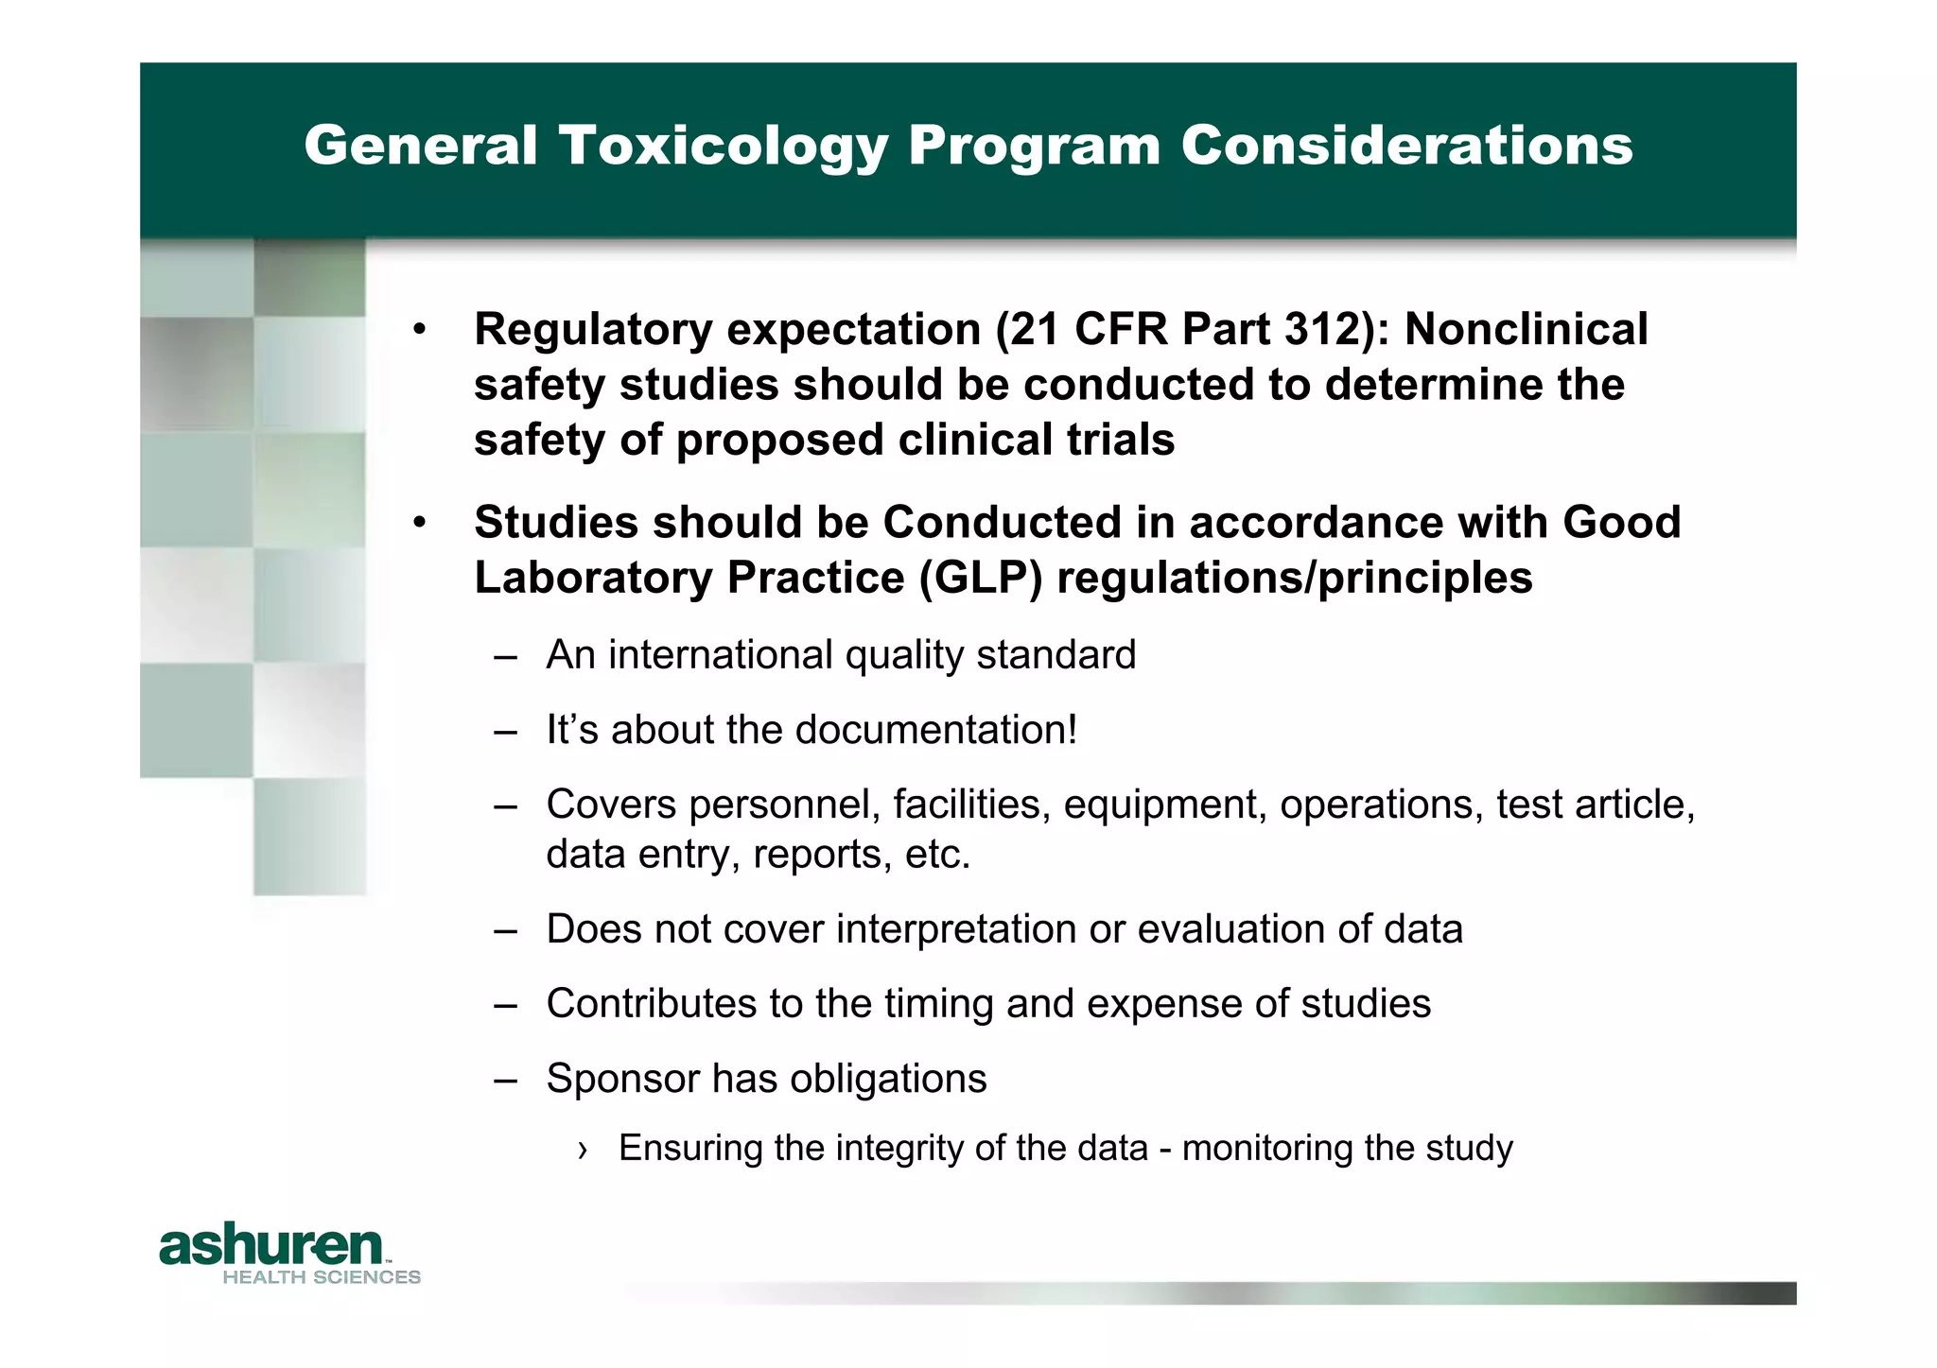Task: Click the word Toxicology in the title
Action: coord(724,147)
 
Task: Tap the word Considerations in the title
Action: coord(1406,147)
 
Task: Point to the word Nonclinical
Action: coord(1526,330)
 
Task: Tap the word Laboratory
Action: coord(592,578)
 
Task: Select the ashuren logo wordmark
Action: coord(271,1245)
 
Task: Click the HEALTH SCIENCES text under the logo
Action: coord(322,1277)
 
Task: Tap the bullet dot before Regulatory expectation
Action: coord(420,330)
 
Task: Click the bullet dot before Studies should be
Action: coord(420,523)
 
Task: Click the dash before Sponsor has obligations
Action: coord(505,1080)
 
